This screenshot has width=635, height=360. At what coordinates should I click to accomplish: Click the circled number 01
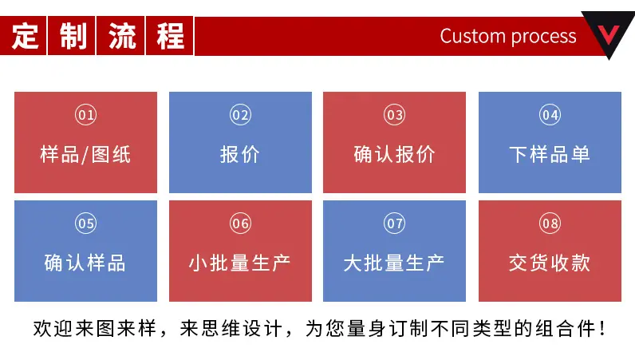pyautogui.click(x=86, y=115)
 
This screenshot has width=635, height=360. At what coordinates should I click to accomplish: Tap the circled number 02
pyautogui.click(x=241, y=115)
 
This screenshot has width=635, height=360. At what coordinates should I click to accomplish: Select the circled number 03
pyautogui.click(x=394, y=115)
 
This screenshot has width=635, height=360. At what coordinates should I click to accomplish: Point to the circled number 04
pyautogui.click(x=550, y=115)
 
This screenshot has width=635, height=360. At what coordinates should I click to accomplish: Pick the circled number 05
pyautogui.click(x=86, y=224)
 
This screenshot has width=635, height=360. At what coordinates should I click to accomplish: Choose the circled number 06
pyautogui.click(x=241, y=224)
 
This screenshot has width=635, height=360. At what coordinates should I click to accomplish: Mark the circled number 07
pyautogui.click(x=394, y=224)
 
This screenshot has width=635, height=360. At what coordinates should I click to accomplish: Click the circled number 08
pyautogui.click(x=550, y=224)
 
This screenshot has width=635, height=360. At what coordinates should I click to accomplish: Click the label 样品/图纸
pyautogui.click(x=85, y=155)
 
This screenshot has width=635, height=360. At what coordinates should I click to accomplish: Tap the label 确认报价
pyautogui.click(x=394, y=155)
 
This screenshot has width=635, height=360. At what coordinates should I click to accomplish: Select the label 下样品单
pyautogui.click(x=550, y=155)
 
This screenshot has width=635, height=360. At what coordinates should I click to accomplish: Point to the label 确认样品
pyautogui.click(x=85, y=263)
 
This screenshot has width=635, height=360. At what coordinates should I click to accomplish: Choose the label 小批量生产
pyautogui.click(x=240, y=263)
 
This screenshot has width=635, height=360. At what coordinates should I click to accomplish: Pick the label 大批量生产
pyautogui.click(x=394, y=263)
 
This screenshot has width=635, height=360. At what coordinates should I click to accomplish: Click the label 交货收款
pyautogui.click(x=550, y=263)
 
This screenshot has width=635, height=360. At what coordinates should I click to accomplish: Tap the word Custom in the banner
pyautogui.click(x=473, y=37)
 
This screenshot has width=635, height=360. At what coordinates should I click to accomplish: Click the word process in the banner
pyautogui.click(x=543, y=38)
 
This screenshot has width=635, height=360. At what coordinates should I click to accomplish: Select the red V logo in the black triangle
pyautogui.click(x=609, y=34)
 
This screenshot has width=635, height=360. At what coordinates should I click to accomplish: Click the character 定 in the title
pyautogui.click(x=25, y=36)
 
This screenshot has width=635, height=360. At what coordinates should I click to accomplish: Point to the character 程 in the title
pyautogui.click(x=171, y=36)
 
